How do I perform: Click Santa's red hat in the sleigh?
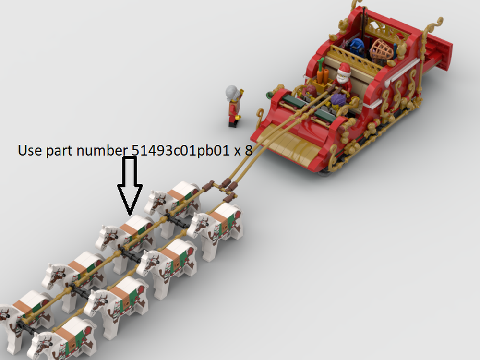343,68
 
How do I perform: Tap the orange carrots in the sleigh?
323,74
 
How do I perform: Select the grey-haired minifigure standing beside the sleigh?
234,105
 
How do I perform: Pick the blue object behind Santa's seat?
357,48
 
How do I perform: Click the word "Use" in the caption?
28,150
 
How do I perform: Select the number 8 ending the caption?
248,150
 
